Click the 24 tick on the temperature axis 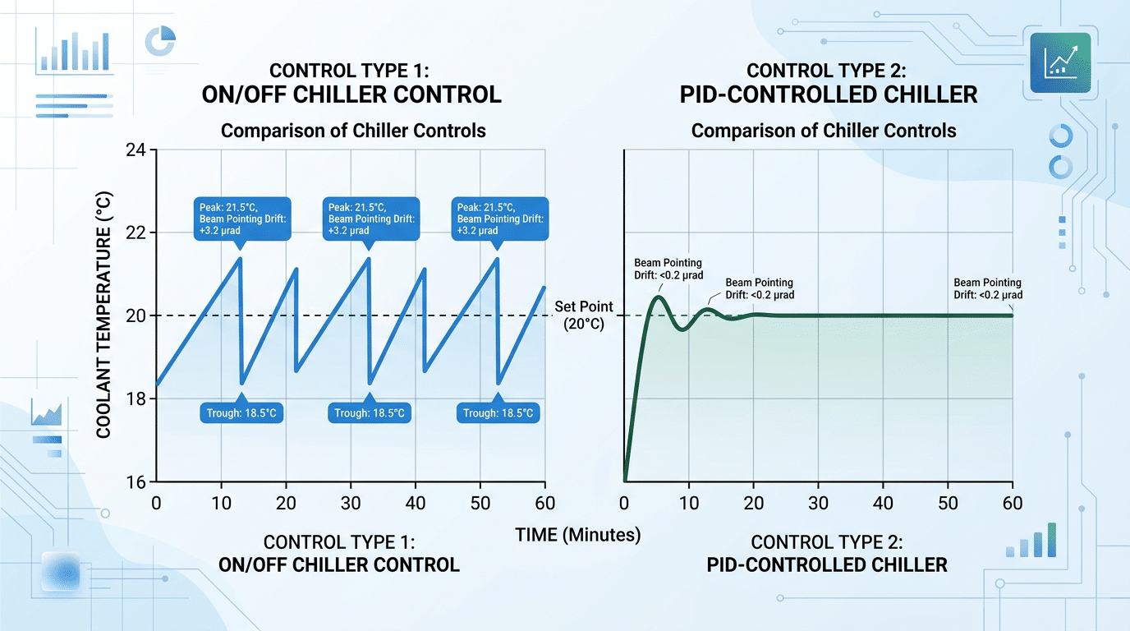click(136, 150)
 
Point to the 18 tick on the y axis click(136, 398)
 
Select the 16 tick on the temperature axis click(136, 481)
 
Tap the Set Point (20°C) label click(583, 315)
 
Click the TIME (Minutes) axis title click(577, 535)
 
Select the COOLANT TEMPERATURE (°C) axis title click(104, 315)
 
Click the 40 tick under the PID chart click(883, 503)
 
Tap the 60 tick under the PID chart click(1012, 503)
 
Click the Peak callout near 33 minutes click(372, 218)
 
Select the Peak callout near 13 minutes click(242, 218)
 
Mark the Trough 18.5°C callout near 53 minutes click(498, 412)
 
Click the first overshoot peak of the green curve click(659, 297)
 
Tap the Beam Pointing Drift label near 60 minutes click(988, 288)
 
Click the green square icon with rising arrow click(1059, 62)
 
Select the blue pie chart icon click(160, 41)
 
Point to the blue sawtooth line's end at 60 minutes click(544, 287)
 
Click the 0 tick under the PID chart click(625, 503)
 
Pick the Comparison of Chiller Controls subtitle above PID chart click(824, 131)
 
